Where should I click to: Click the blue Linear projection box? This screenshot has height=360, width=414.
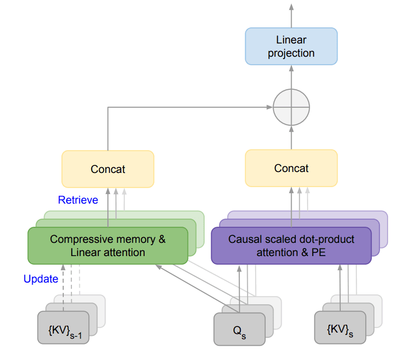click(291, 46)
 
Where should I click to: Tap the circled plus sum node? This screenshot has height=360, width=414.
click(291, 107)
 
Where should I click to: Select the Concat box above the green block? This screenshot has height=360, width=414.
click(108, 169)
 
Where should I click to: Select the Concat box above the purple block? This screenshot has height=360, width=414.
click(291, 168)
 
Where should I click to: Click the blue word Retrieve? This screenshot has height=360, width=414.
click(78, 200)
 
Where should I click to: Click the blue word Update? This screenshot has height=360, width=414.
click(41, 279)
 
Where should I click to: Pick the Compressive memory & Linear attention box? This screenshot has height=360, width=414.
click(108, 246)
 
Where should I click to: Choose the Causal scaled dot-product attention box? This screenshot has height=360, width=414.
click(291, 246)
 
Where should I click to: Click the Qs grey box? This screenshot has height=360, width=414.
click(239, 328)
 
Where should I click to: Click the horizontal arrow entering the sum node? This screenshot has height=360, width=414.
click(189, 107)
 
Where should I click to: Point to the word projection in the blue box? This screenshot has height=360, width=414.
click(291, 53)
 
